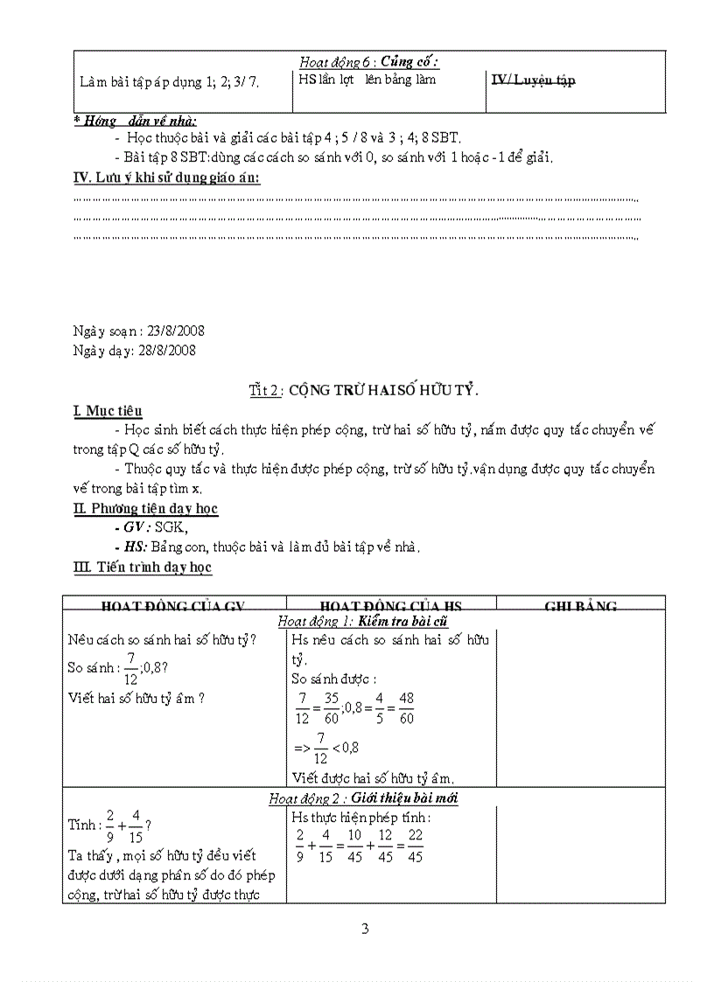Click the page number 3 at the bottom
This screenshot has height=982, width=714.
pos(365,929)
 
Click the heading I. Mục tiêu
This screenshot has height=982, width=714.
pos(108,411)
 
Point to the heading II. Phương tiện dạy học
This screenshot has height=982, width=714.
pos(145,508)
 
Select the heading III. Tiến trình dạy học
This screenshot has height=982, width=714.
pos(143,568)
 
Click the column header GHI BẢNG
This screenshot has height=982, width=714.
pos(580,606)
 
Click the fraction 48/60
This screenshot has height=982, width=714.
pos(405,709)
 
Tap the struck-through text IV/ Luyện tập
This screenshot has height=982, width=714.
pos(533,80)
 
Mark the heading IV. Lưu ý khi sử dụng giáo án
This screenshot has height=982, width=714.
pos(166,178)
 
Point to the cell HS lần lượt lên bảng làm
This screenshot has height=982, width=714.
pos(367,80)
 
